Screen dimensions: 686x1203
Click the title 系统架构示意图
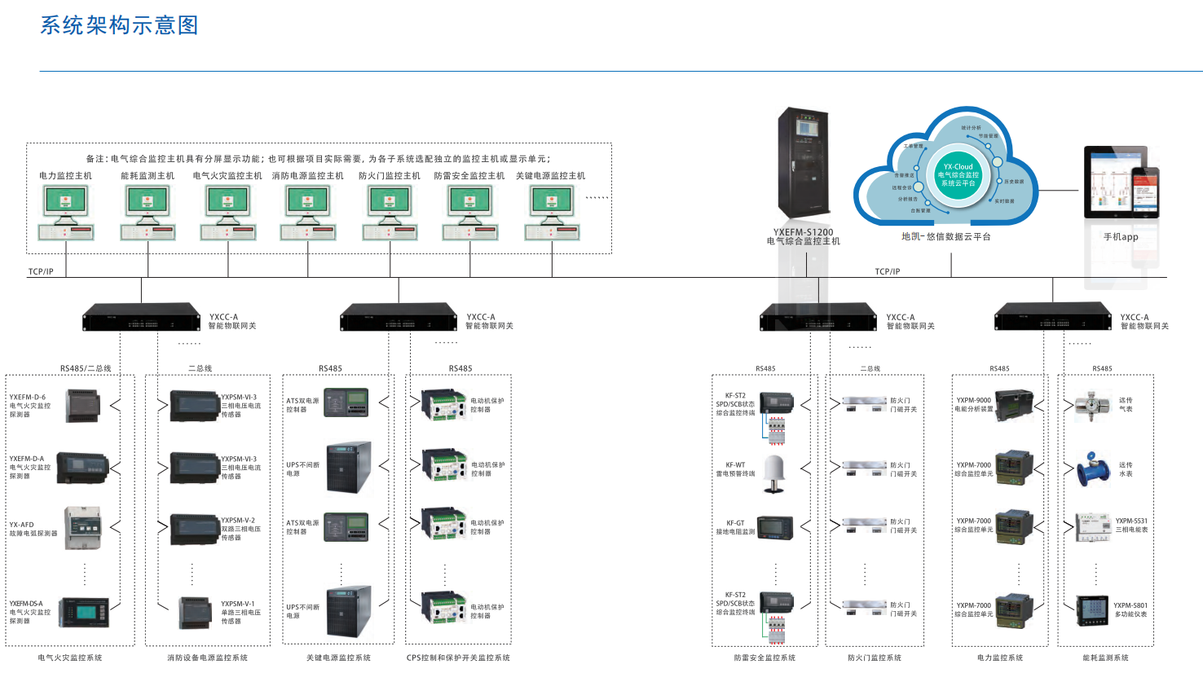119,25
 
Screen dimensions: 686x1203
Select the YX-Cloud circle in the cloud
958,175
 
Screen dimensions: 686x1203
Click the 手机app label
1121,237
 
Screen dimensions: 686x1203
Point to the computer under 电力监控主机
66,213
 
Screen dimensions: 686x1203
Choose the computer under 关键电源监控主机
552,213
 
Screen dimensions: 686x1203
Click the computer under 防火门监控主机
390,213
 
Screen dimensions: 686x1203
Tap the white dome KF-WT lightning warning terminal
774,474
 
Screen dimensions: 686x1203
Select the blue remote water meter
1092,469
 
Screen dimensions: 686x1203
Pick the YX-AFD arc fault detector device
82,528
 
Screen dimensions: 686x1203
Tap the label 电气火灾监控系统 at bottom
70,657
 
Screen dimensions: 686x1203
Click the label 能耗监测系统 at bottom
1105,657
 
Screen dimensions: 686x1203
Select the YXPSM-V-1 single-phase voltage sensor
196,613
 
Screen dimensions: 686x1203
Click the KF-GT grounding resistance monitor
775,527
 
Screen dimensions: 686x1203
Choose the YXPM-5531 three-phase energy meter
1092,527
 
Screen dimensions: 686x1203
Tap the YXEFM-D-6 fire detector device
82,406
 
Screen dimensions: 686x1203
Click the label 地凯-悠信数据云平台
945,237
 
